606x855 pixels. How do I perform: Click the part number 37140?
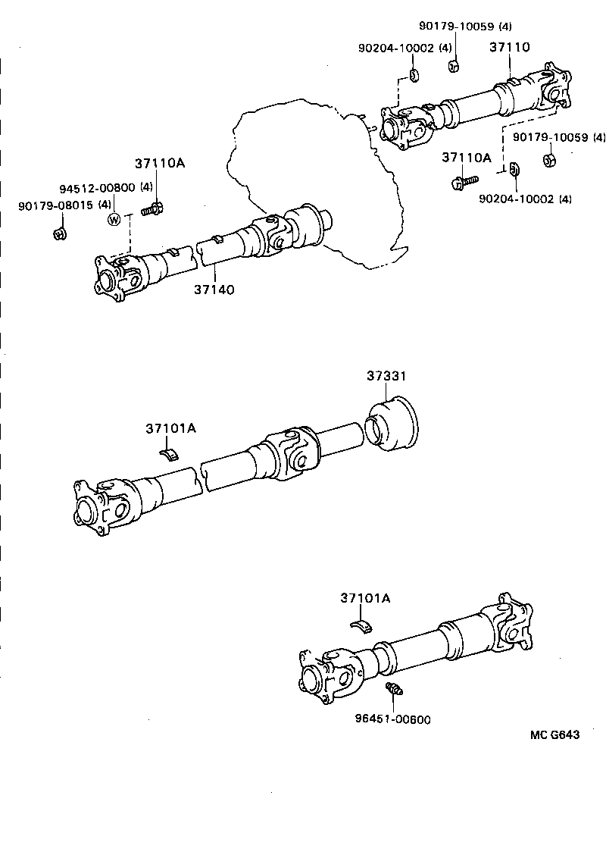(x=214, y=289)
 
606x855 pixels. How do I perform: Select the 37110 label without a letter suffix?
(x=508, y=47)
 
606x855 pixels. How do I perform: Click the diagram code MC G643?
(x=554, y=734)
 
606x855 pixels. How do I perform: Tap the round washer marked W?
(x=114, y=220)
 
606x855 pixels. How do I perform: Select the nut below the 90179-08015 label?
(x=60, y=233)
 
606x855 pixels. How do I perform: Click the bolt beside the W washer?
(x=152, y=208)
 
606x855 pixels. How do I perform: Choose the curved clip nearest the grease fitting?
(x=363, y=624)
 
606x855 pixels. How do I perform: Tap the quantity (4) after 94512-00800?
(x=146, y=188)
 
